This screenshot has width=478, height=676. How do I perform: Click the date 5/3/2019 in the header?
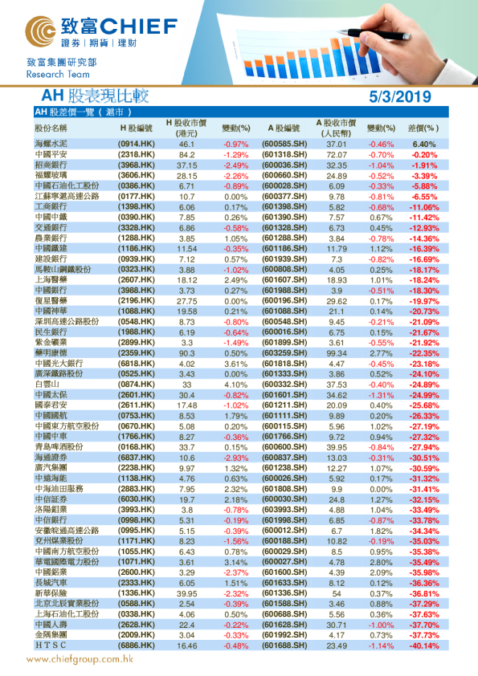(x=401, y=97)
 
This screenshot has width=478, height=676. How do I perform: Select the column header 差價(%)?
(x=423, y=128)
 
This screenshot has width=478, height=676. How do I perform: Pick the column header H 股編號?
(x=136, y=128)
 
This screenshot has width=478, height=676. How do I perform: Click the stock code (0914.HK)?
(x=136, y=144)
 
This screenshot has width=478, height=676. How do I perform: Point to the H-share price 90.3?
(x=187, y=353)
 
